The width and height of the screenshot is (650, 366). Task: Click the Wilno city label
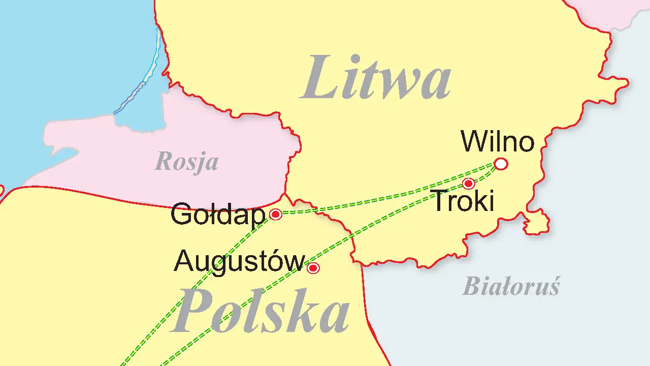498,142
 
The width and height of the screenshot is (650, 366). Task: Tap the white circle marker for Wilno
501,164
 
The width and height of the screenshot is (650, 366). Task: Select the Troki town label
463,201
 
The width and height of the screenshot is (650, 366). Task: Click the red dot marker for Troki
469,183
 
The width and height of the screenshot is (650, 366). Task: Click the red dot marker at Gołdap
276,215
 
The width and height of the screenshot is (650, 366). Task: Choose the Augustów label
239,262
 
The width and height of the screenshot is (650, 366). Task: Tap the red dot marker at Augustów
313,268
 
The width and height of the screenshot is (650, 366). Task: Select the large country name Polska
260,311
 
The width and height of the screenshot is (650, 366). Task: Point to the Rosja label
186,162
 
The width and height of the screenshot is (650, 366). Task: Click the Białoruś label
511,287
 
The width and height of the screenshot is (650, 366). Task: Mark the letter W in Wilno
472,142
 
